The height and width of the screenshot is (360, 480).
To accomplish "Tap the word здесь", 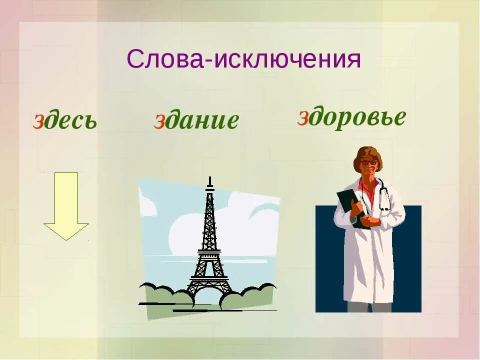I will pos(65,121).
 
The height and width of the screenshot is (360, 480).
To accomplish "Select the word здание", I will pos(196,120).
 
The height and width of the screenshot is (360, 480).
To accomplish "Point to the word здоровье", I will pos(351,117).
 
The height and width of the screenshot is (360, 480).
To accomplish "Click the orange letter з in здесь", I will pos(38,122).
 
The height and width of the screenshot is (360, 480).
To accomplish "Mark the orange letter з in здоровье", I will pos(302,118).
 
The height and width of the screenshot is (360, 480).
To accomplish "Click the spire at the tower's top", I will pos(210,181).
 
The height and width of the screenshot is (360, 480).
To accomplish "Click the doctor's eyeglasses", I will pos(369,162).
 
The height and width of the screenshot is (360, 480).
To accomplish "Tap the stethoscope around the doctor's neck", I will pos(384,197).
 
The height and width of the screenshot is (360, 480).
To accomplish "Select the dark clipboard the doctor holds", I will pos(350,205).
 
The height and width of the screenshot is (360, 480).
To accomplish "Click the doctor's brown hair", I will pos(367,153).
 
